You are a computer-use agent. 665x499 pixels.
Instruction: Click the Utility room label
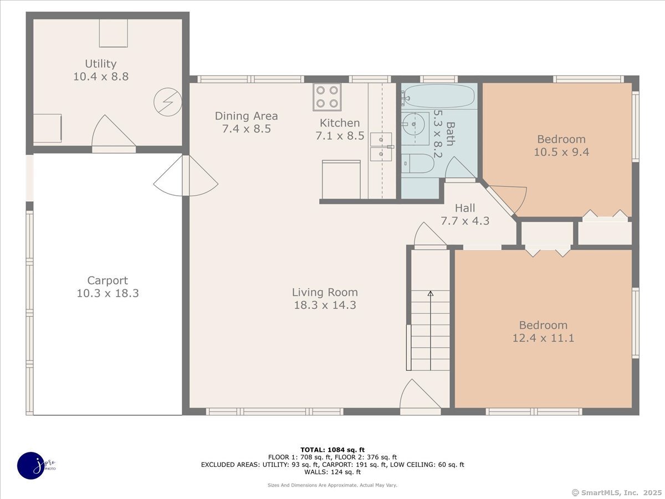tap(100, 64)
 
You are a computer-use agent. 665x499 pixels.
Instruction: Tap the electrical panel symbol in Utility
tap(167, 103)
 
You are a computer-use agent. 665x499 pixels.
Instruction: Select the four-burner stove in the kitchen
tap(327, 96)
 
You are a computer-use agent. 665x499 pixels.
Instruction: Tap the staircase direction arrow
tap(430, 294)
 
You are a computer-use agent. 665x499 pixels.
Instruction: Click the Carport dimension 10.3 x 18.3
tap(108, 293)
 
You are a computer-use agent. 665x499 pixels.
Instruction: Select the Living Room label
tap(325, 292)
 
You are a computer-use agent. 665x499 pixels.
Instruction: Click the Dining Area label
tap(246, 116)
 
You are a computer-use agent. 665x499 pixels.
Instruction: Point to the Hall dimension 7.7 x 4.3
tap(465, 220)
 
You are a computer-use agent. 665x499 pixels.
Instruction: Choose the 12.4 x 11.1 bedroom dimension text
tap(543, 338)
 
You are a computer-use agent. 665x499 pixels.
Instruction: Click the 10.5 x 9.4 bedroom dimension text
tap(561, 151)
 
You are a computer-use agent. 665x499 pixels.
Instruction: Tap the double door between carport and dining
tap(186, 176)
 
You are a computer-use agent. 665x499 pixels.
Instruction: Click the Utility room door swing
tap(112, 133)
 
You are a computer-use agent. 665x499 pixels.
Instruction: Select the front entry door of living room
tap(420, 398)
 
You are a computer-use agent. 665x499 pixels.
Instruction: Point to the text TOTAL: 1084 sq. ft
tap(332, 450)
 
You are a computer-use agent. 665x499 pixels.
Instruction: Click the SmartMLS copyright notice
tap(616, 492)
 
